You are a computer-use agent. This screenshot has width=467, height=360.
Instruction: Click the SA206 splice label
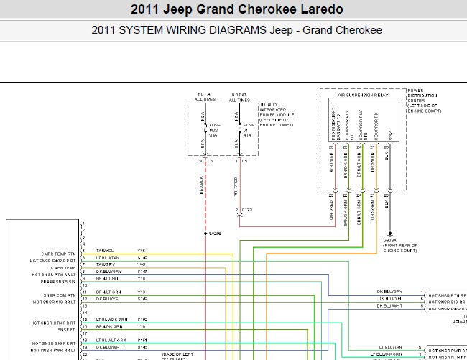point(215,234)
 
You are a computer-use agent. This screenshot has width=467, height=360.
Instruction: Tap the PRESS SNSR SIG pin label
point(56,282)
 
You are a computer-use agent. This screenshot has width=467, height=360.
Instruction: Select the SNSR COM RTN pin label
point(58,294)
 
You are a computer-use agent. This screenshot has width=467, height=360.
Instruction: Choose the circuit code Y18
point(142,277)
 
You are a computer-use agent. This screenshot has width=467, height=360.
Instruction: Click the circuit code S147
point(142,271)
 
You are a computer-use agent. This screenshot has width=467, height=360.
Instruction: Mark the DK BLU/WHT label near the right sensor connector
point(389,305)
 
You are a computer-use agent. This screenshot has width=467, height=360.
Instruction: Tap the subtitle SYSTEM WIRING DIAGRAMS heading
point(237,30)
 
